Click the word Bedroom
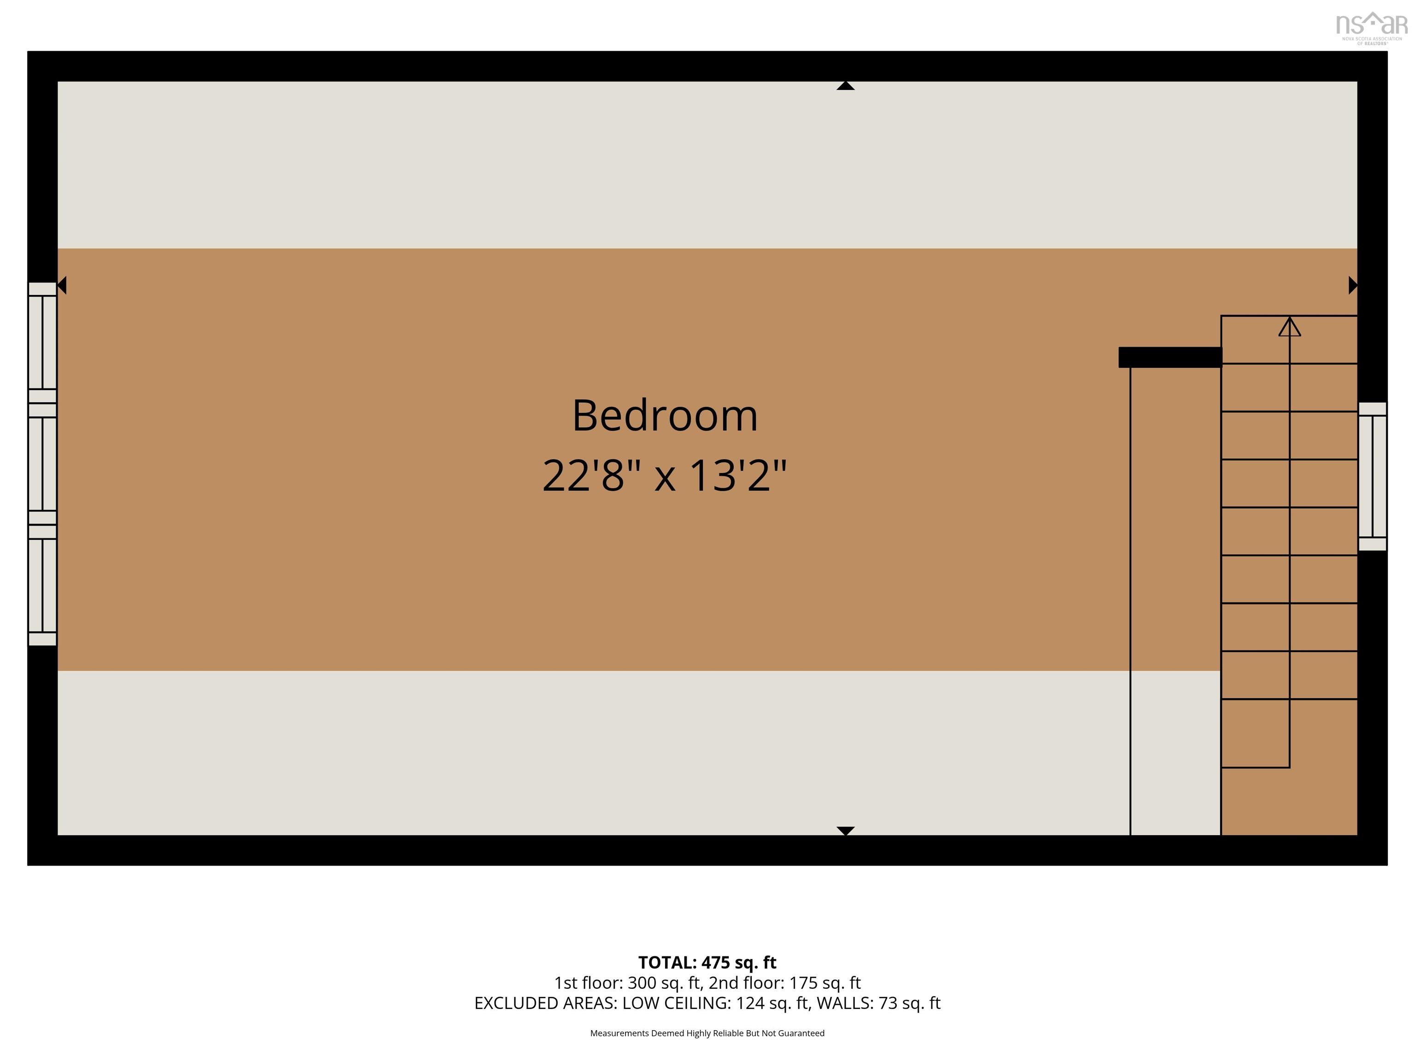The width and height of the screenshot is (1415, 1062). (x=665, y=416)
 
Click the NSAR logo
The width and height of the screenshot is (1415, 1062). (x=1371, y=28)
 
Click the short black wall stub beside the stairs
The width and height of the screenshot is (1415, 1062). (x=1169, y=357)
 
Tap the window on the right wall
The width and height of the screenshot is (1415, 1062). (x=1372, y=476)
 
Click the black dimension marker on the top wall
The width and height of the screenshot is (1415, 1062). (x=845, y=86)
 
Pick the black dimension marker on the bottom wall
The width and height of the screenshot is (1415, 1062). (x=845, y=831)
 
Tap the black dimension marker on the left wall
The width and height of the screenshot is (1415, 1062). (x=62, y=285)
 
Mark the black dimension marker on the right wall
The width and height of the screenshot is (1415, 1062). (x=1352, y=285)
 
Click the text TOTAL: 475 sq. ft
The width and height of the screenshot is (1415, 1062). (x=707, y=963)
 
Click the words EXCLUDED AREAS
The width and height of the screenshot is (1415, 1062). (x=545, y=1003)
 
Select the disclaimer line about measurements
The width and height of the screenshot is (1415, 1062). (x=707, y=1033)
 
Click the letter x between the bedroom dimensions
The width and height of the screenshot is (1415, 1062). (x=665, y=478)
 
